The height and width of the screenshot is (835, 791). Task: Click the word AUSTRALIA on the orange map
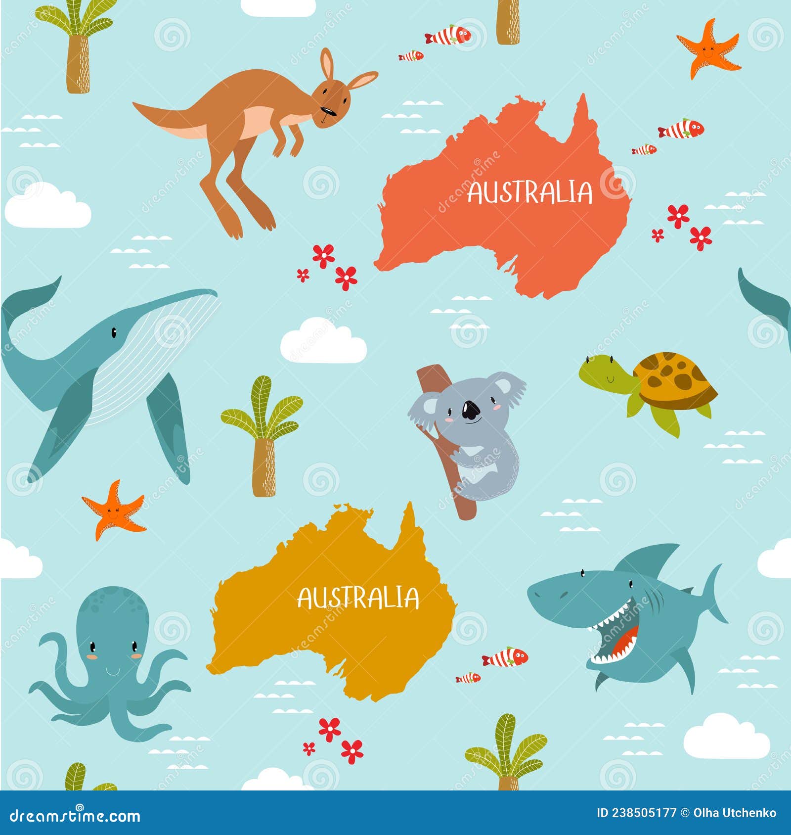point(529,192)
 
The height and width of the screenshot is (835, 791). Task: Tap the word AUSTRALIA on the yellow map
point(358,598)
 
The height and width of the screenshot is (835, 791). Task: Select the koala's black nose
point(470,409)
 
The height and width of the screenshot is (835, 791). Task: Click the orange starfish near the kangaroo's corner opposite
point(708,48)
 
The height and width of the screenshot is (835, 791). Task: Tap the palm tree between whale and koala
point(262,435)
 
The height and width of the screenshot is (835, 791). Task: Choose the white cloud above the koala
point(323,342)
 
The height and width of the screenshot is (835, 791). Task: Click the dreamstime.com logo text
point(75,816)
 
